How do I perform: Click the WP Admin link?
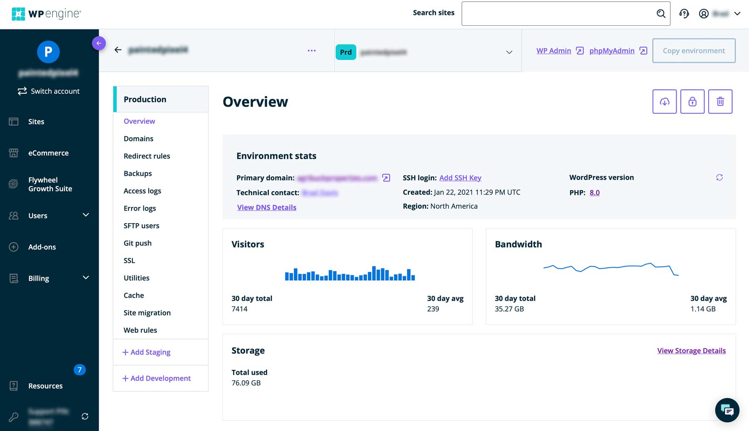(554, 51)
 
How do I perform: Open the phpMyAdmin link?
(612, 51)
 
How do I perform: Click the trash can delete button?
(720, 102)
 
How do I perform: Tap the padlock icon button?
(692, 102)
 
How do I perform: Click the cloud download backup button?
(664, 102)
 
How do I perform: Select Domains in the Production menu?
(139, 139)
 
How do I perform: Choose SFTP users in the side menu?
(141, 226)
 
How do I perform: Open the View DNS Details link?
(267, 207)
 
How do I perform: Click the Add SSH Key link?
(460, 178)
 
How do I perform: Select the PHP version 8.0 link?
(595, 193)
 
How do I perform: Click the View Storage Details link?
(691, 351)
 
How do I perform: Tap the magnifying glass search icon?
(661, 14)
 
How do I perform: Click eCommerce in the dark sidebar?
(48, 153)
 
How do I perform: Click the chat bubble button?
(727, 410)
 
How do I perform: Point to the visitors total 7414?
(240, 309)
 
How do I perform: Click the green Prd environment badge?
(346, 52)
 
